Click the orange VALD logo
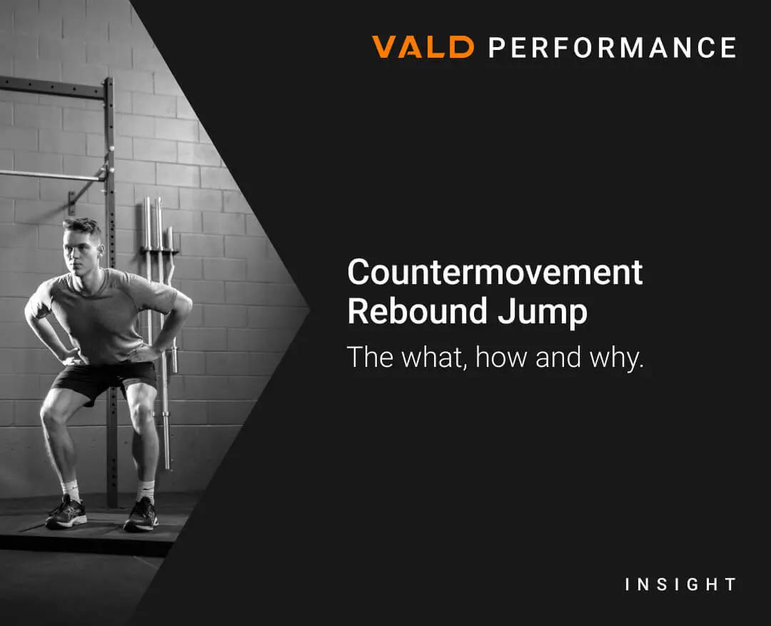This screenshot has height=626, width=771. (423, 47)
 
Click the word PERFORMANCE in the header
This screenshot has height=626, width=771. (613, 47)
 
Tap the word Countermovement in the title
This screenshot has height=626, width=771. (495, 272)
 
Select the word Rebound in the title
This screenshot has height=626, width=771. (418, 311)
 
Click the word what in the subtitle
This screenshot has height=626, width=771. (432, 358)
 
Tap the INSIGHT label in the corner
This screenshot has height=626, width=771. (680, 584)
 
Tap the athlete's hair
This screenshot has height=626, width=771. (83, 227)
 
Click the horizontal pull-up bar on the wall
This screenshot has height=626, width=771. (52, 175)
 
